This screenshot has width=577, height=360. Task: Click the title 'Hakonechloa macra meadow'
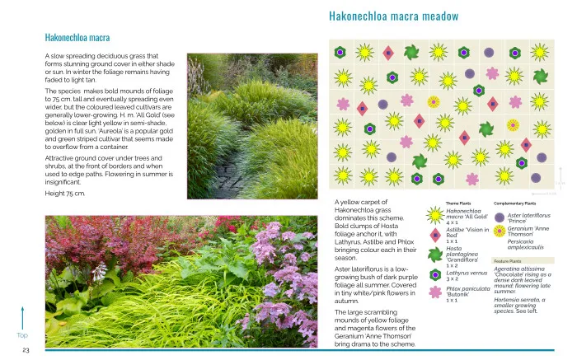coord(393,16)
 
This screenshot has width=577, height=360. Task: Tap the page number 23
coord(26,350)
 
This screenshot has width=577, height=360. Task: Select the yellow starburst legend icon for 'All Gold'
coord(436,215)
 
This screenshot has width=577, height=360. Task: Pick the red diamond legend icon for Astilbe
coord(436,234)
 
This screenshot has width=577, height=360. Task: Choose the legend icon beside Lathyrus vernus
coord(436,274)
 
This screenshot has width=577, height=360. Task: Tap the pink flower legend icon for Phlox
coord(436,291)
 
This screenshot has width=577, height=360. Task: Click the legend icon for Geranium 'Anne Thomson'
coord(500,233)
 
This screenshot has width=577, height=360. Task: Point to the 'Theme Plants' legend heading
coord(458,203)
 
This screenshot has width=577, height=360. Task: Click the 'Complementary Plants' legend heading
coord(515,203)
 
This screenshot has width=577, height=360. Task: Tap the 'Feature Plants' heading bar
coord(508,260)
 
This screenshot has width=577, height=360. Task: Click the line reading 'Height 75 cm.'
coord(64,193)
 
